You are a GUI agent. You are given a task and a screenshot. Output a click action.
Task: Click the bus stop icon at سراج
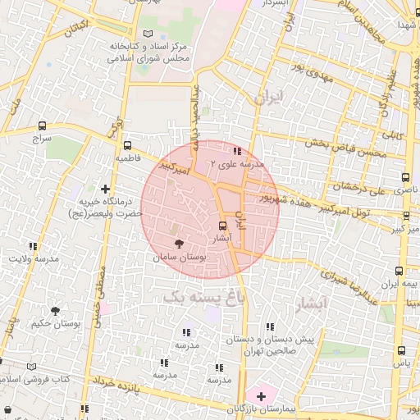(x=42, y=126)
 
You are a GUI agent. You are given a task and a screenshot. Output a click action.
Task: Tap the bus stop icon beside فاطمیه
(x=124, y=144)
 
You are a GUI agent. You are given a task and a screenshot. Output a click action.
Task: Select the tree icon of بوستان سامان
(x=180, y=243)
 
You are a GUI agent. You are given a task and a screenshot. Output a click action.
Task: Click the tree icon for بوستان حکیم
(x=55, y=311)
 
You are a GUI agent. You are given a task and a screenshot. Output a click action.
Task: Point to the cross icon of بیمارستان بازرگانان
(x=261, y=396)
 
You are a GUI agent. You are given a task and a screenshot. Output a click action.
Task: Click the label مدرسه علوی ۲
(x=238, y=164)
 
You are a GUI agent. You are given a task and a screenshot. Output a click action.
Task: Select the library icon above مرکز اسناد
(x=148, y=33)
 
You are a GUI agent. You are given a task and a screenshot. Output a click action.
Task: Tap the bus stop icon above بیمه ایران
(x=399, y=271)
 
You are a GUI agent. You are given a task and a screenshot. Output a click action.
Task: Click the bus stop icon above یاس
(x=399, y=350)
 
